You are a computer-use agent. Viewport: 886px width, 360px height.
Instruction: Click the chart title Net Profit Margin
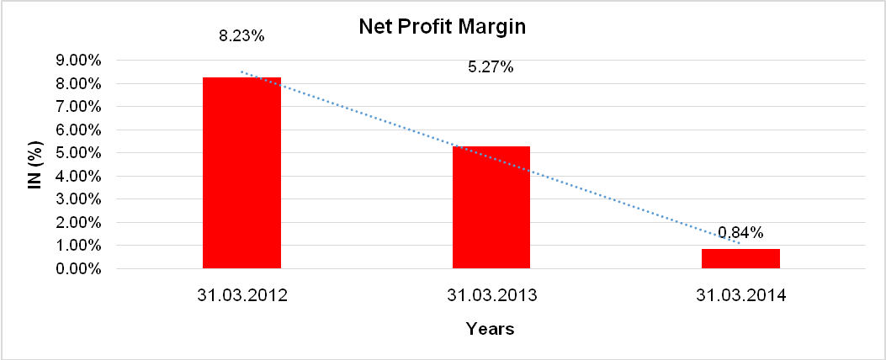tap(442, 27)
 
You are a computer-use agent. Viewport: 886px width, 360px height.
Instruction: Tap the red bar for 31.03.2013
tap(491, 207)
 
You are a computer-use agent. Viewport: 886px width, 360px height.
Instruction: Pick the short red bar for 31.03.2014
tap(740, 258)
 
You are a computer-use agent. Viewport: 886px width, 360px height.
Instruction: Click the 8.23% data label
tap(241, 37)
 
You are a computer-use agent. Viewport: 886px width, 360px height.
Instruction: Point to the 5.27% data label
tap(491, 67)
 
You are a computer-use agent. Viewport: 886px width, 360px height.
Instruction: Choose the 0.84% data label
tap(740, 232)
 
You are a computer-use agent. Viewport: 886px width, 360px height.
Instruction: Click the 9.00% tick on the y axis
tap(77, 61)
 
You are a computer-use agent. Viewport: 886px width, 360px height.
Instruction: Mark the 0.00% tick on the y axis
tap(77, 269)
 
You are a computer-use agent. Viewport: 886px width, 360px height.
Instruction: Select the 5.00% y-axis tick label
tap(77, 153)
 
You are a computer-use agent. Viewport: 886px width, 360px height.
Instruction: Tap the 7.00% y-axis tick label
tap(77, 107)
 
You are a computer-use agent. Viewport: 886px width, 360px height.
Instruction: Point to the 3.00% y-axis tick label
tap(77, 200)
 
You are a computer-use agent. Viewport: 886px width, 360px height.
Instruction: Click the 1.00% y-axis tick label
tap(77, 246)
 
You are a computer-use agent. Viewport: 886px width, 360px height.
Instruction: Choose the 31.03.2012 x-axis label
tap(241, 296)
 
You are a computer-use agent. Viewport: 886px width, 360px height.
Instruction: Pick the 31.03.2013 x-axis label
tap(491, 296)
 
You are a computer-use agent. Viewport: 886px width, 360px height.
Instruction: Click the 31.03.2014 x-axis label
tap(740, 296)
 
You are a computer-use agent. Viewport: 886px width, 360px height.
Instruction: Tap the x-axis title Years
tap(491, 329)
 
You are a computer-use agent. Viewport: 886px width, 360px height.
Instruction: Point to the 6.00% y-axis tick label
tap(77, 130)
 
